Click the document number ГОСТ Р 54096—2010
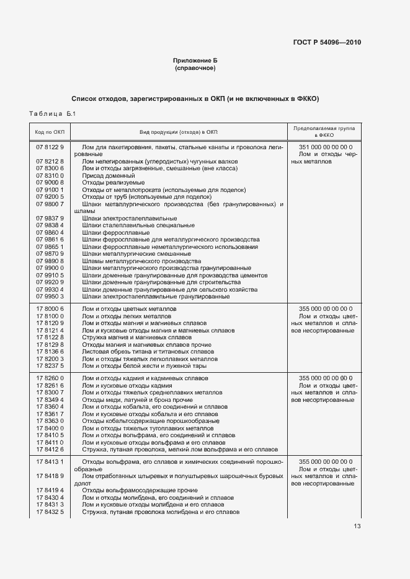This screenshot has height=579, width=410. [x=326, y=43]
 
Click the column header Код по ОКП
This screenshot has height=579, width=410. [x=50, y=132]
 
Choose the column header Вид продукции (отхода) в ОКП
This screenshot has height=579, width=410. [x=178, y=132]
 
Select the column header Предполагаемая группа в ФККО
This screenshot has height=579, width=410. [x=324, y=132]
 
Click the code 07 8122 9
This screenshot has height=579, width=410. [x=50, y=146]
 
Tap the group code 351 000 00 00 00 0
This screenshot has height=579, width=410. [x=325, y=146]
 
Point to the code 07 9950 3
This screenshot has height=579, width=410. [x=50, y=297]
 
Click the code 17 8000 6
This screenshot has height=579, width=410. [x=50, y=308]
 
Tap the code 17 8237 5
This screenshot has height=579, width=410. [x=50, y=366]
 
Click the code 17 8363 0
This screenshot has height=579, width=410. [x=50, y=420]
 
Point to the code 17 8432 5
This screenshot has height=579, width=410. [x=50, y=512]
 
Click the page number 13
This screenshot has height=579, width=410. [x=357, y=526]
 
